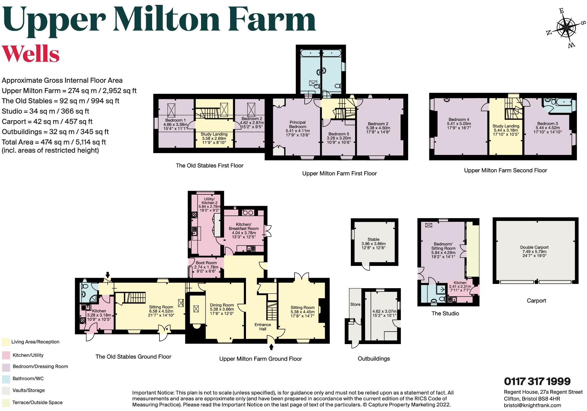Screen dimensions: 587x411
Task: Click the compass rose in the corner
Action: pos(566,28)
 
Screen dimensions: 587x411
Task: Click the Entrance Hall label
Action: pos(263,327)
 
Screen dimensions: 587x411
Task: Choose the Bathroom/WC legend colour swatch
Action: pos(6,379)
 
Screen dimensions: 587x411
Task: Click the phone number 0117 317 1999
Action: pos(537,381)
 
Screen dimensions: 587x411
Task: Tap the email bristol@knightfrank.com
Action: pos(532,405)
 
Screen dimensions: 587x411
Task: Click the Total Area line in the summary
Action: pos(54,142)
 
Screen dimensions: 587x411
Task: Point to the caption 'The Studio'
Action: pos(445,314)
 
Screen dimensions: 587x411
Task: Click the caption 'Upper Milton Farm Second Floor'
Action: pos(505,171)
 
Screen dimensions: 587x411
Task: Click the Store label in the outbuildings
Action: pos(355,304)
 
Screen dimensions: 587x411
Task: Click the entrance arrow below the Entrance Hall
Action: pos(271,347)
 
